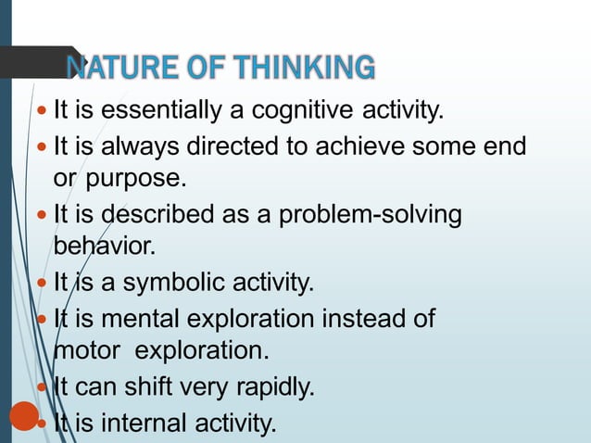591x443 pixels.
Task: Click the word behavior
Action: [105, 247]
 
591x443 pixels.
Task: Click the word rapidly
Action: [272, 387]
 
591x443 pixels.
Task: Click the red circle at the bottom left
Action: [24, 415]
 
